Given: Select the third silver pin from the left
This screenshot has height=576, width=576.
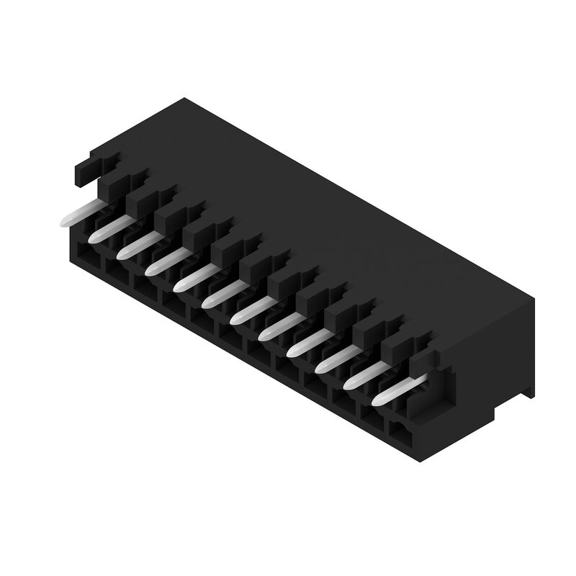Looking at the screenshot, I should [x=135, y=244].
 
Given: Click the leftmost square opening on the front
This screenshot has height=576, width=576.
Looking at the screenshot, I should [x=86, y=253].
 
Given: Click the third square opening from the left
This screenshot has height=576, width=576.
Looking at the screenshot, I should [x=143, y=285].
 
